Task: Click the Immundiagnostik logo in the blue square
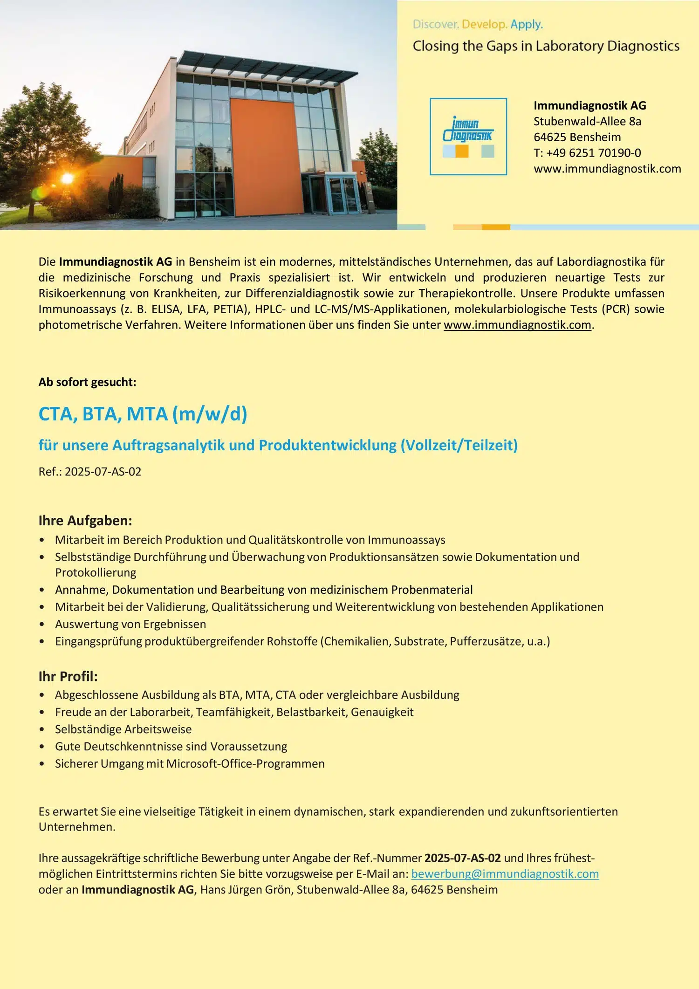468,137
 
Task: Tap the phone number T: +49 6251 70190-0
587,153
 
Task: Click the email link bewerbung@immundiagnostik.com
505,874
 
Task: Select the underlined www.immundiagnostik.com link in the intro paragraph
517,325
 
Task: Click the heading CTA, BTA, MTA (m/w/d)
143,414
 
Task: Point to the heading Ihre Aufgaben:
85,521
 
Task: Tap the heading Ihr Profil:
68,676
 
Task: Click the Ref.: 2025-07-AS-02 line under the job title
90,472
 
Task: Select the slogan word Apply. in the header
527,24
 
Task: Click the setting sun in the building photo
68,178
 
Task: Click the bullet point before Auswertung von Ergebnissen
42,625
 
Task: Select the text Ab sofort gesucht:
88,382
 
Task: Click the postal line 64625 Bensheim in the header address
577,137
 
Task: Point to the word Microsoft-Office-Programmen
246,764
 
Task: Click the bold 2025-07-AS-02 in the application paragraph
462,858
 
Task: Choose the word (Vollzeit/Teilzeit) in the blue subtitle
459,445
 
